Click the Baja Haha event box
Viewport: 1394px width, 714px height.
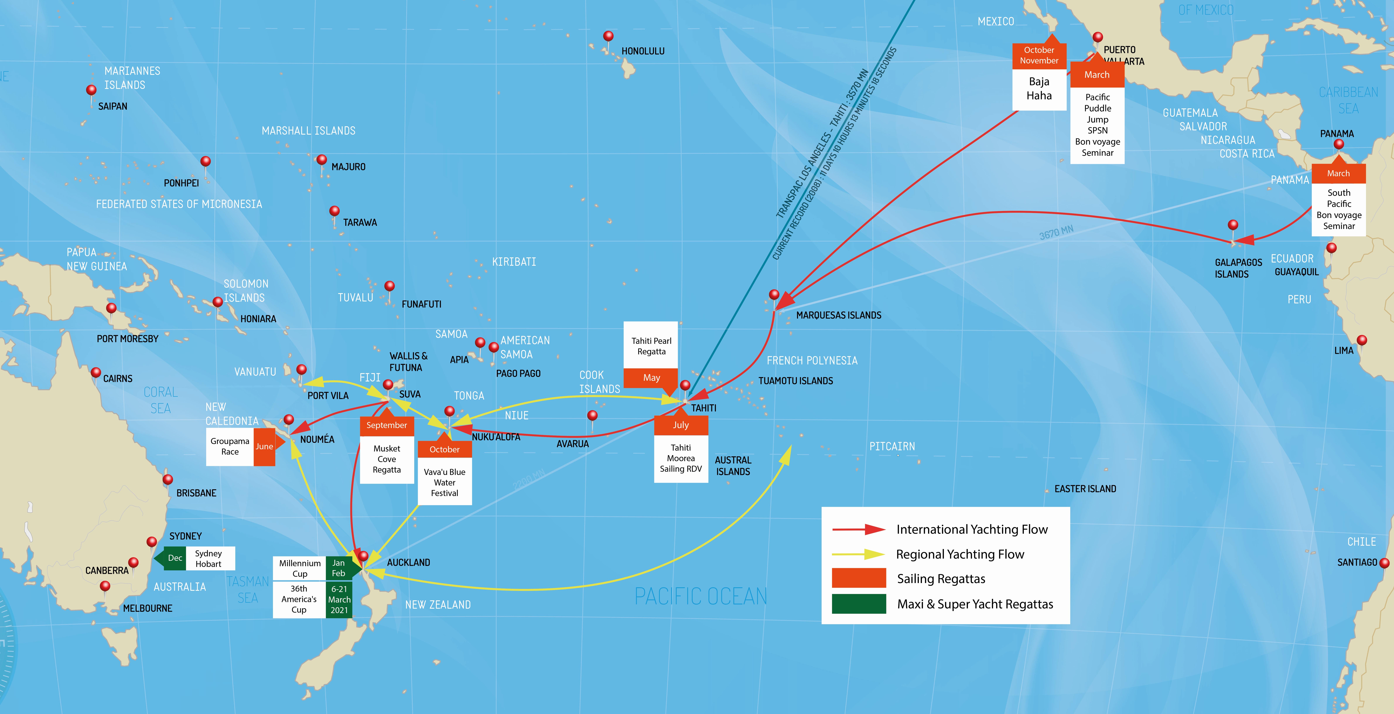(1039, 89)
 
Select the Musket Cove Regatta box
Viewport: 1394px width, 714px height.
(387, 459)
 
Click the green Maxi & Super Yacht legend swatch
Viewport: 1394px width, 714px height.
(859, 604)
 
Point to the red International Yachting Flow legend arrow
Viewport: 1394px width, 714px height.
(859, 529)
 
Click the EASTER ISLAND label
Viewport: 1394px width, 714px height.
(1085, 489)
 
